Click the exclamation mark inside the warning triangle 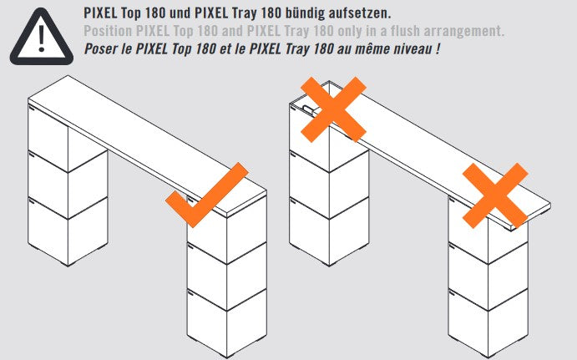pyautogui.click(x=41, y=38)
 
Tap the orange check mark pyautogui.click(x=206, y=195)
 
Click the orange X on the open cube pyautogui.click(x=333, y=109)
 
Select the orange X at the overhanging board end pyautogui.click(x=495, y=195)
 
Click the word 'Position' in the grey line pyautogui.click(x=108, y=31)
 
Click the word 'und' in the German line pyautogui.click(x=180, y=13)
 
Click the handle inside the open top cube pyautogui.click(x=307, y=109)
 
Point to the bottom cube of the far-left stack pyautogui.click(x=68, y=231)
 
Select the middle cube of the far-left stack pyautogui.click(x=68, y=184)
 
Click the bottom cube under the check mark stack pyautogui.click(x=227, y=323)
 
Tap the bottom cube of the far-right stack pyautogui.click(x=488, y=323)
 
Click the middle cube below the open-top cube pyautogui.click(x=329, y=184)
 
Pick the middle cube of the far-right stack pyautogui.click(x=488, y=276)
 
